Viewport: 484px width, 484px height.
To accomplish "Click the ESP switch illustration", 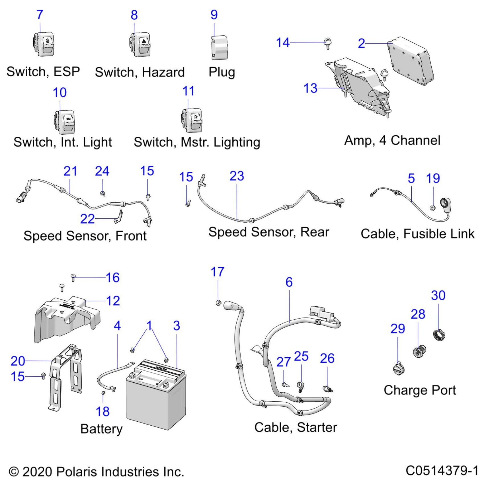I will [x=44, y=44].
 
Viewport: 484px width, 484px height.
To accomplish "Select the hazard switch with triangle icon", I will [x=140, y=44].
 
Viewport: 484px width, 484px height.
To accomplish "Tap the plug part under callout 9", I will [x=220, y=48].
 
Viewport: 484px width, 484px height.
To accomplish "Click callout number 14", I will [x=283, y=43].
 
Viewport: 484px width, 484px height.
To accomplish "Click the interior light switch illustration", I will [x=65, y=122].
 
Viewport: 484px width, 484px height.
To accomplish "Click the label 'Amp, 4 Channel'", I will [x=392, y=140].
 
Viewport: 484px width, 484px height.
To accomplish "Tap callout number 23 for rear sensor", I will [x=237, y=176].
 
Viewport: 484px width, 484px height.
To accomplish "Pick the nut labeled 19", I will [x=432, y=208].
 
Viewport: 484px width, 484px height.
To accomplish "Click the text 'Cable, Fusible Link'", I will [x=417, y=234].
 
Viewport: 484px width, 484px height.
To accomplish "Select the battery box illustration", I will [x=156, y=396].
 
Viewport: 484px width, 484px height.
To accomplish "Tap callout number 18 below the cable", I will [x=102, y=411].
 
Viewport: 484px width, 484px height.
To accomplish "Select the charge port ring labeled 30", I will [x=438, y=334].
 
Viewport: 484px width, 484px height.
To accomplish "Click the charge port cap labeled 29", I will [x=398, y=369].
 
